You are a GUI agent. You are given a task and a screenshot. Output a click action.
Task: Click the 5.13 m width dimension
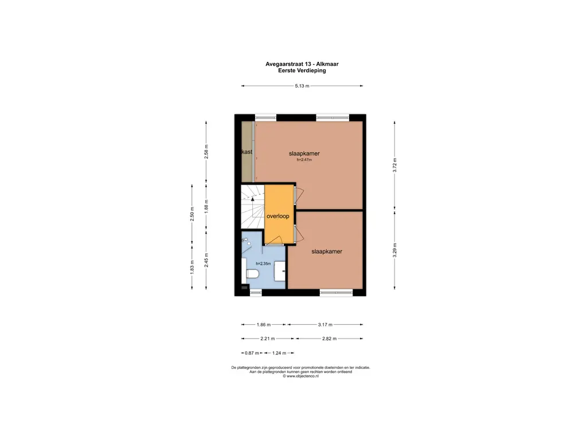(x=302, y=86)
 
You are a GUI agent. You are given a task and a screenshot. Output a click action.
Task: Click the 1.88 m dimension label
(x=207, y=205)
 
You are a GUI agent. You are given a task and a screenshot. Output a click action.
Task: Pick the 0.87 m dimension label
(x=252, y=353)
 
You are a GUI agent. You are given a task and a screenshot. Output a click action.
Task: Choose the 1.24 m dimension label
(x=279, y=353)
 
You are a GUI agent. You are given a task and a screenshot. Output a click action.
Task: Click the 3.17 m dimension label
(x=326, y=324)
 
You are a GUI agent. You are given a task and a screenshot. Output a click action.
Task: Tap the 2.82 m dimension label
(x=329, y=339)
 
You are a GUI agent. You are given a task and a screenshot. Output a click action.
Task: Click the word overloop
(x=277, y=217)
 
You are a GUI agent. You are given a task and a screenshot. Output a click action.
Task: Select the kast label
(x=247, y=152)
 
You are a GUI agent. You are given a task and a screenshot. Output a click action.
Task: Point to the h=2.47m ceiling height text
(x=304, y=160)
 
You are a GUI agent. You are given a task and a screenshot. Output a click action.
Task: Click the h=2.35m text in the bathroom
(x=263, y=264)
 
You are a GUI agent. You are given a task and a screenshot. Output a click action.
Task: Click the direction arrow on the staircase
(x=252, y=200)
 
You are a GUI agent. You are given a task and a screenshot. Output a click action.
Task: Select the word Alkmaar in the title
(x=334, y=64)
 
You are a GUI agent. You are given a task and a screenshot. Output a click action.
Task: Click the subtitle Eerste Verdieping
(x=302, y=70)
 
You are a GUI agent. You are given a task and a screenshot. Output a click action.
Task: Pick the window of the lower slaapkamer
(x=335, y=293)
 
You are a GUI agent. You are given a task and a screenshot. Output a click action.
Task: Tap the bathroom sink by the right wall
(x=280, y=271)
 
